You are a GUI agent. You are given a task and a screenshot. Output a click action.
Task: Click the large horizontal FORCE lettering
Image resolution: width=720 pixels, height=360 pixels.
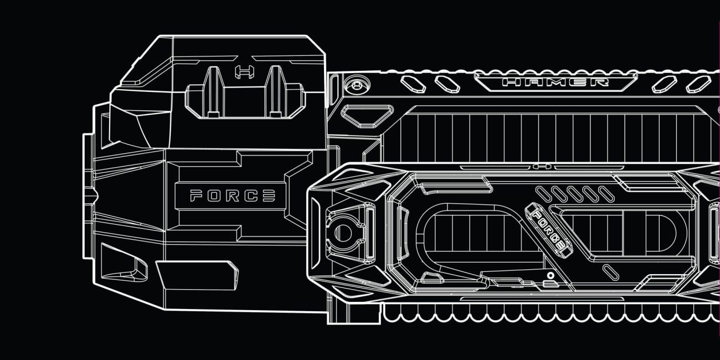233,196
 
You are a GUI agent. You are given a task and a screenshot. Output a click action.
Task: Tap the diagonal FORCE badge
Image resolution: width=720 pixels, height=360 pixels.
548,227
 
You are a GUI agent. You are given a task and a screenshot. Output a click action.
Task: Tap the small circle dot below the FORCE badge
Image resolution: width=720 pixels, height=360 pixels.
550,275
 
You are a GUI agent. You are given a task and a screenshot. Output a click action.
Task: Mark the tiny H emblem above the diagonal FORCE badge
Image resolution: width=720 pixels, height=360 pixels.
541,166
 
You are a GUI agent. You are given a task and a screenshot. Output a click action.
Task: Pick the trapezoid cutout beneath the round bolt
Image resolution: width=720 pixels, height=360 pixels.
359,114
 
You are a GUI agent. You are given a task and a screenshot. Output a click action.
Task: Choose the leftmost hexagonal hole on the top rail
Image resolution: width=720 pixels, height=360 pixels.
413,84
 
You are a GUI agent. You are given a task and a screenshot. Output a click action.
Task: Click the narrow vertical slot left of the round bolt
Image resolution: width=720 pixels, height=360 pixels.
335,86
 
